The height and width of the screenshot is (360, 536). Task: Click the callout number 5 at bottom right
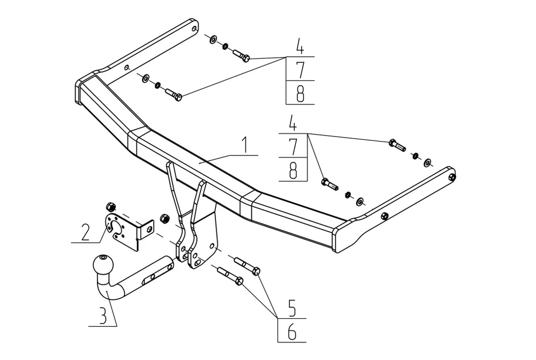click(292, 310)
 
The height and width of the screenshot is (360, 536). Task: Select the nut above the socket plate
click(110, 206)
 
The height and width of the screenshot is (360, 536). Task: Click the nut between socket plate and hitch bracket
click(165, 218)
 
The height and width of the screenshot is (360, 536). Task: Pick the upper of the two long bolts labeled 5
click(248, 264)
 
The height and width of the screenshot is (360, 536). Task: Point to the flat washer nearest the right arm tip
click(428, 162)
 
